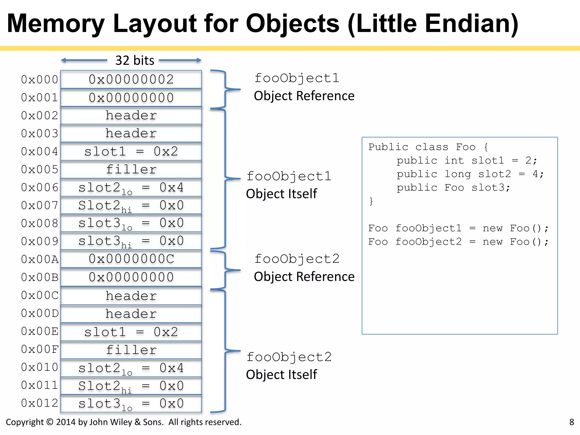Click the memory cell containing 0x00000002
(x=131, y=80)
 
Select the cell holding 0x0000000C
(x=131, y=259)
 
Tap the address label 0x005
(x=40, y=170)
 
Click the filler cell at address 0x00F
(x=131, y=350)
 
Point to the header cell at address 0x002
(x=131, y=116)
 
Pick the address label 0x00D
(x=40, y=314)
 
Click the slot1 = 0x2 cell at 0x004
(x=131, y=152)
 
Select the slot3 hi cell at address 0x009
(x=131, y=241)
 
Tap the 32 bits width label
(x=135, y=61)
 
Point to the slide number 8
(x=572, y=422)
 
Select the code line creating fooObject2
(x=458, y=242)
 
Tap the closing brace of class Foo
(x=371, y=201)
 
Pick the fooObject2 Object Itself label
(x=288, y=366)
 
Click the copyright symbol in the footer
(x=50, y=422)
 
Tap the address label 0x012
(x=40, y=403)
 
